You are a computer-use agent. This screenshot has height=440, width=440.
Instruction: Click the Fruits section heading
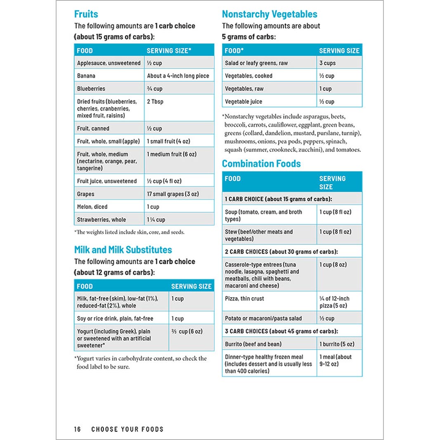coord(86,14)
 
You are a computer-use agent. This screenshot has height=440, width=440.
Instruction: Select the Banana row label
coord(86,76)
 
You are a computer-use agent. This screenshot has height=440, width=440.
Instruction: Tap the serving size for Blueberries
coord(155,89)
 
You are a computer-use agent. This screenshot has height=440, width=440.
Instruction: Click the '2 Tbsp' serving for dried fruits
coord(155,102)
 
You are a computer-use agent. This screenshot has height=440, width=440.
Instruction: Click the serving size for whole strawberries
coord(156,220)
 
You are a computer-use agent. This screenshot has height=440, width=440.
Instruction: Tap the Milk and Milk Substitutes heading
coord(123,250)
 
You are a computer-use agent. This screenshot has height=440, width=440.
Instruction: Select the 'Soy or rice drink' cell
coord(115,319)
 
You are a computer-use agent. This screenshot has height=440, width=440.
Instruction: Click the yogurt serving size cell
coord(187,331)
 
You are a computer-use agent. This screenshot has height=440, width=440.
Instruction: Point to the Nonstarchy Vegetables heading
coord(270,14)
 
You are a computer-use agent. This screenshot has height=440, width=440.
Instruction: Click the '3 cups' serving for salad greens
coord(327,63)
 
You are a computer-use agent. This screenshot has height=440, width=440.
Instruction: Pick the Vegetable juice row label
coord(244,102)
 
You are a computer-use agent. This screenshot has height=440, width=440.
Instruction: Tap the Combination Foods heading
coord(261,163)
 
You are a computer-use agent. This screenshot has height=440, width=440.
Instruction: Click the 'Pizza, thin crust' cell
coord(244,298)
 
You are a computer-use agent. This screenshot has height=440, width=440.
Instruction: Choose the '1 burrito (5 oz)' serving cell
coord(337,344)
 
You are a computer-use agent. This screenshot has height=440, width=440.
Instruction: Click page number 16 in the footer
coord(78,429)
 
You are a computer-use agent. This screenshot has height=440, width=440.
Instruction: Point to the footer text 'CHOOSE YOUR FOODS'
coord(128,429)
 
